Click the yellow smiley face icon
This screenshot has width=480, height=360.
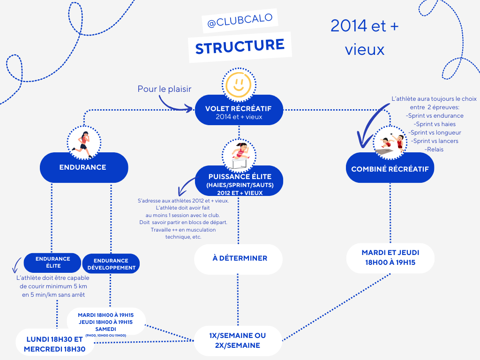point(239,83)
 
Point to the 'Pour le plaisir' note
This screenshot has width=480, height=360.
point(165,89)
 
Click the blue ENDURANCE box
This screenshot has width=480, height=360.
point(83,167)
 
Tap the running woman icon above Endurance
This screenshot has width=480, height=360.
point(83,141)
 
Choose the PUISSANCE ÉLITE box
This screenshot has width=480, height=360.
point(239,181)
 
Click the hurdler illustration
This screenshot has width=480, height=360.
point(239,155)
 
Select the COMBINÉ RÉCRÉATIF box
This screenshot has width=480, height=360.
point(390,169)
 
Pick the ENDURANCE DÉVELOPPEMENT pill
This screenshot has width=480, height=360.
point(111,264)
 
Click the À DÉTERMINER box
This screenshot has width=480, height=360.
point(239,258)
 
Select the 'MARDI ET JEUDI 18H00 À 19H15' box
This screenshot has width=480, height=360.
point(390,258)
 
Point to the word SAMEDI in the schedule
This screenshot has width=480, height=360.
point(105,329)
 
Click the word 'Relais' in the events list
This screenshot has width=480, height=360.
point(434,149)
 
